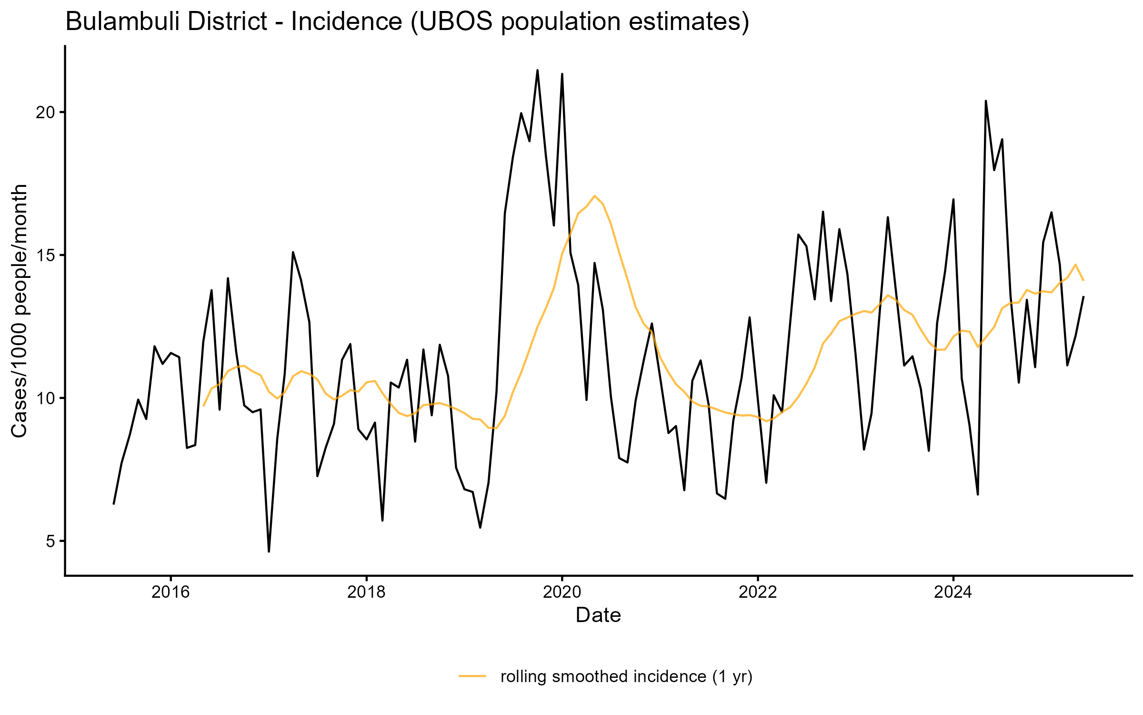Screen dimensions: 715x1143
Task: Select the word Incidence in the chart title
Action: coord(347,22)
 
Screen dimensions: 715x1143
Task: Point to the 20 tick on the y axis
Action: coord(46,112)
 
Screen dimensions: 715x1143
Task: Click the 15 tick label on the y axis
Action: coord(46,255)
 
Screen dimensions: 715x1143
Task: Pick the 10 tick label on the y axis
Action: coord(46,398)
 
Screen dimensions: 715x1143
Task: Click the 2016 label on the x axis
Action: coord(170,592)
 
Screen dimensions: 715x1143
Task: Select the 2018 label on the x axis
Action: coord(366,592)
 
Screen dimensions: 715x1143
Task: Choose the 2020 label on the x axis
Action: coord(562,592)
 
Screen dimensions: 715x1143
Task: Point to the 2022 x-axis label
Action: coord(757,592)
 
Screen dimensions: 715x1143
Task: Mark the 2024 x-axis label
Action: coord(953,592)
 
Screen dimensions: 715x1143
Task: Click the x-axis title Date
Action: coord(598,615)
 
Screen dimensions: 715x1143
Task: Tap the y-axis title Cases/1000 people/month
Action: coord(20,311)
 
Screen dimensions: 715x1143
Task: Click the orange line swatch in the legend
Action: coord(472,676)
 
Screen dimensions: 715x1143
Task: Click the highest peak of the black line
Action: coord(537,71)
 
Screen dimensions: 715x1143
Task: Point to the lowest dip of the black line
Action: coord(269,552)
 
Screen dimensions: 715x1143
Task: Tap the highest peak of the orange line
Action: coord(594,195)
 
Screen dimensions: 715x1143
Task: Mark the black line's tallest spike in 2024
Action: coord(985,101)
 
